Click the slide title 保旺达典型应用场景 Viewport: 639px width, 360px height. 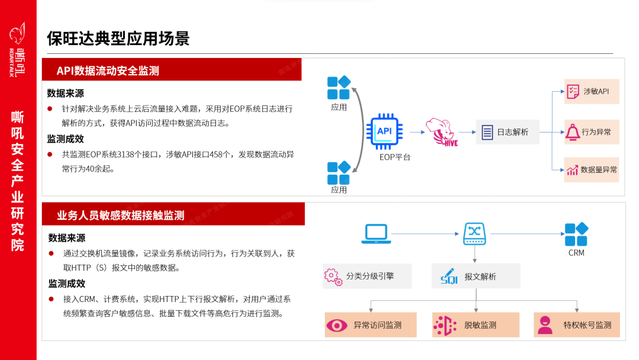[118, 39]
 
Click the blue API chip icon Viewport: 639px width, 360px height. [385, 131]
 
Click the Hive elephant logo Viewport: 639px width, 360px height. [442, 131]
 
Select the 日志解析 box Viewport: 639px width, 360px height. [508, 132]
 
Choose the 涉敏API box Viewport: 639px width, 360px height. [591, 91]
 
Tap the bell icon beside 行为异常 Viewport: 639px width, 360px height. [573, 131]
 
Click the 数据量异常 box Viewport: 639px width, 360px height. [591, 169]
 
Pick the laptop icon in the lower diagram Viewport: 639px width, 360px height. [376, 234]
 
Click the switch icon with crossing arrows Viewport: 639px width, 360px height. [474, 233]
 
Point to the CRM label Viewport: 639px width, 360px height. [576, 253]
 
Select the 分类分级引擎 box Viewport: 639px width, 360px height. [367, 276]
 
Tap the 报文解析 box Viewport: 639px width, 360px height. [476, 276]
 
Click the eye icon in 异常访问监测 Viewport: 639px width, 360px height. [337, 325]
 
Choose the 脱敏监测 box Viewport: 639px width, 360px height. [476, 325]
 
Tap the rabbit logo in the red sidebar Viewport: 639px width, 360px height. [18, 33]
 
